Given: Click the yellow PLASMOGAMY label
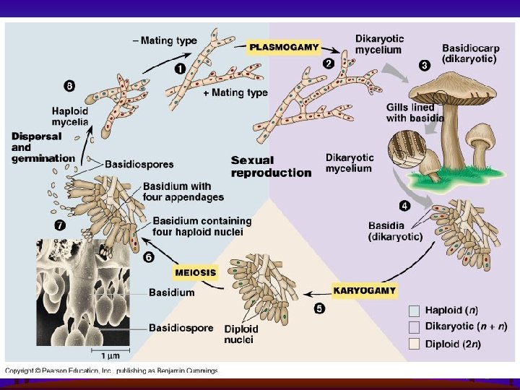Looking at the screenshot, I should (x=284, y=47).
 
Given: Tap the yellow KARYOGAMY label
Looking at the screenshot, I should (x=365, y=290).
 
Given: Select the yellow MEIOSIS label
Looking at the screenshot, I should (x=195, y=272).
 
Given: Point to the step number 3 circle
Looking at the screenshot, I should (x=425, y=64).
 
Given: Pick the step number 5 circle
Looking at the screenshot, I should (x=318, y=308).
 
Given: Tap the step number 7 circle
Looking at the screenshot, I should (x=60, y=225).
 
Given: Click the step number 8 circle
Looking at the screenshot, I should (x=69, y=86).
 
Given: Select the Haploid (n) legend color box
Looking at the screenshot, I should (x=414, y=311).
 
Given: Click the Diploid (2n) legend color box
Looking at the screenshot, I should (x=414, y=344).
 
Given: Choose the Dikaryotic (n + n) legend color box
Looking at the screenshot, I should (x=414, y=327).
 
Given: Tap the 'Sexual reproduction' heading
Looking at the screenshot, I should (x=271, y=166).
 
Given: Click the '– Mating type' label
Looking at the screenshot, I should (x=165, y=40).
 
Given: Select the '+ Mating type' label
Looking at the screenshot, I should (x=235, y=92).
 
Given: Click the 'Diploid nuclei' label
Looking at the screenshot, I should (x=241, y=334).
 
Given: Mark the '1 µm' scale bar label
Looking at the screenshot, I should (x=110, y=355).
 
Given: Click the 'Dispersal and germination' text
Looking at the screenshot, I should (x=43, y=147).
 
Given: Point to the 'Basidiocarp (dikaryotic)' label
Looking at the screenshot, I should (x=469, y=53).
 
